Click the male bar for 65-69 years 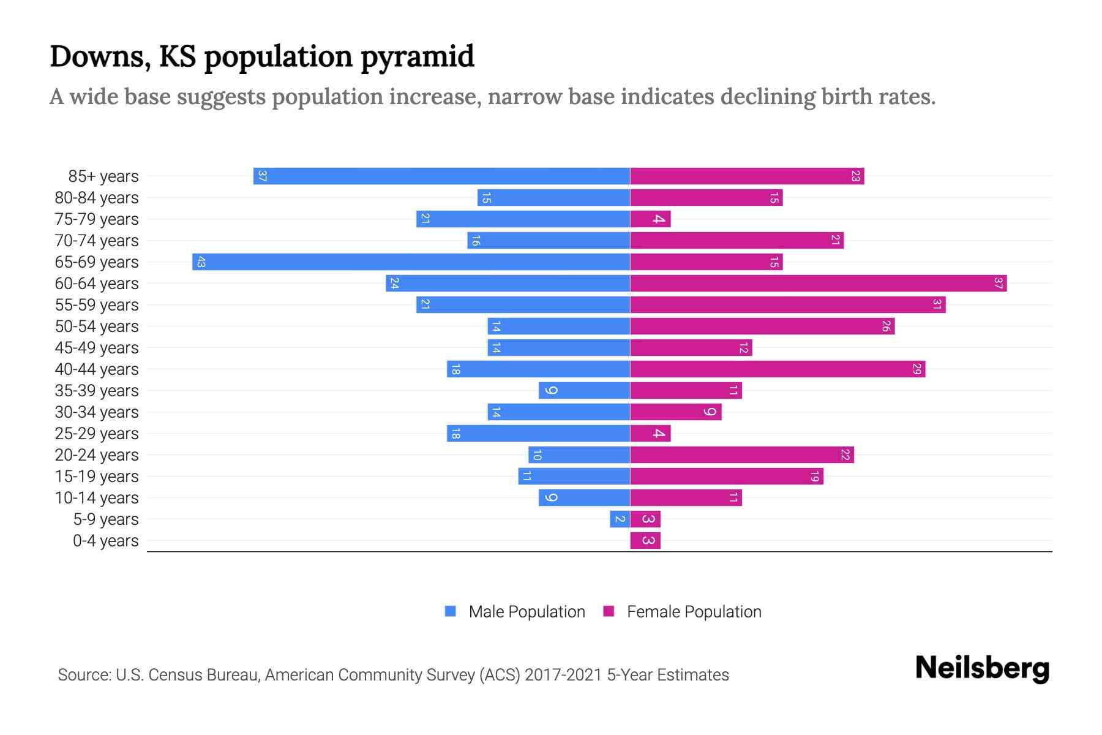coord(411,262)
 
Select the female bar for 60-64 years coord(818,284)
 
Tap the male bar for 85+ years coord(441,176)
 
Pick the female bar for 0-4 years coord(645,541)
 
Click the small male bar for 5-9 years coord(620,519)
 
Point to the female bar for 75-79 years coord(650,219)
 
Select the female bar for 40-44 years coord(778,369)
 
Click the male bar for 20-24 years coord(579,455)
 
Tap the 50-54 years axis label coord(97,326)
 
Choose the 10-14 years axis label coord(97,498)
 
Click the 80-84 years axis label coord(97,198)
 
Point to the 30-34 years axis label coord(97,412)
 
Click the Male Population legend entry coord(527,612)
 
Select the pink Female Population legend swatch coord(609,611)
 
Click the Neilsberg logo coord(982,668)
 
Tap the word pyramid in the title coord(417,57)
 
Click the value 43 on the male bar coord(201,262)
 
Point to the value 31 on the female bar coord(937,305)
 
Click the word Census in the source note coord(175,675)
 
